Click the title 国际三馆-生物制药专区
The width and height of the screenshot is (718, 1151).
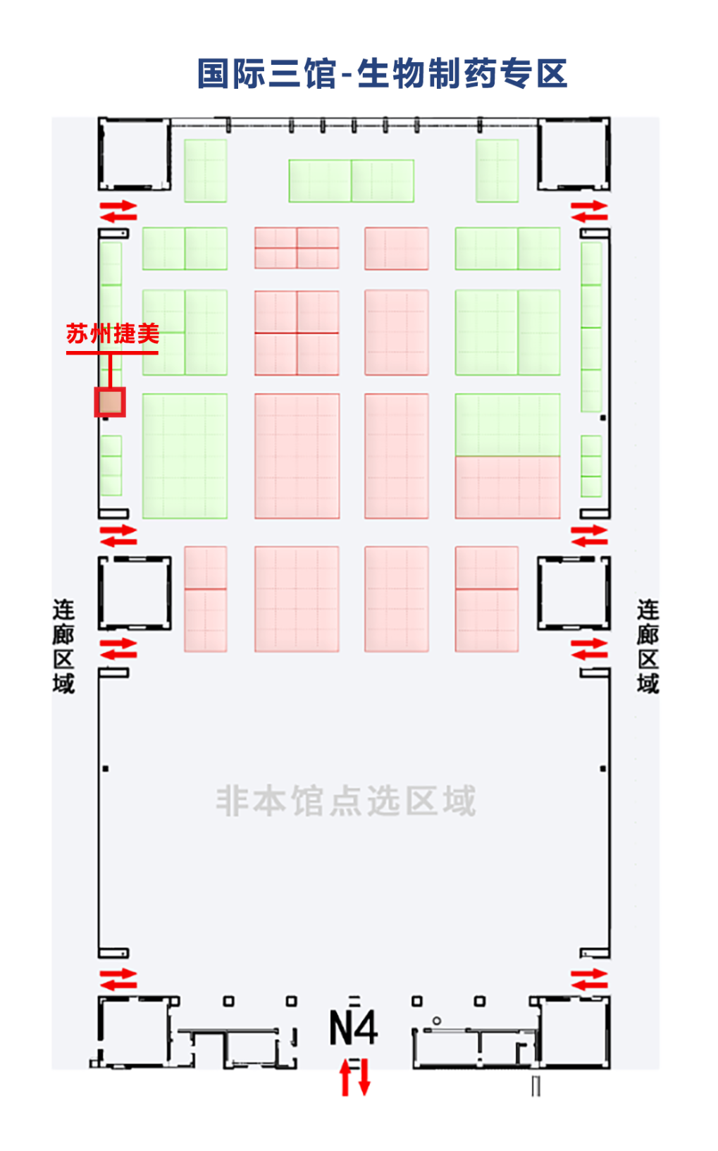click(x=382, y=73)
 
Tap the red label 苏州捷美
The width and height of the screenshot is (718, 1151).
click(x=113, y=333)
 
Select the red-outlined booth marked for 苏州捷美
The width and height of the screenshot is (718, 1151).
click(x=110, y=402)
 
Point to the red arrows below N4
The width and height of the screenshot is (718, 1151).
click(x=354, y=1077)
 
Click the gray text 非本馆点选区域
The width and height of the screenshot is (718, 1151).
click(x=345, y=801)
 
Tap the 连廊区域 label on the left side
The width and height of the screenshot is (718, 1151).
click(x=63, y=646)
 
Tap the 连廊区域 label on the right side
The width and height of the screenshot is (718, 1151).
click(x=648, y=646)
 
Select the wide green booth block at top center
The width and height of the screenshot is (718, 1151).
click(x=351, y=180)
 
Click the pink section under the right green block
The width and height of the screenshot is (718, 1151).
click(x=507, y=487)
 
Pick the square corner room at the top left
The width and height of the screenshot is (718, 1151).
click(x=134, y=154)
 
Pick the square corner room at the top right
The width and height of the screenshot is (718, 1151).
click(x=574, y=154)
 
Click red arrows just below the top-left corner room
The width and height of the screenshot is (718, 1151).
click(x=118, y=211)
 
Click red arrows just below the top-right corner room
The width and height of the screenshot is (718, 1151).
click(x=589, y=211)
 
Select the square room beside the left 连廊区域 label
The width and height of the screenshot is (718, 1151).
click(x=135, y=592)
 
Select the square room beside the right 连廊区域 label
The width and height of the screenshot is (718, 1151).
click(x=574, y=592)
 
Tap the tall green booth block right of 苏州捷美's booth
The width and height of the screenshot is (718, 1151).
click(x=185, y=456)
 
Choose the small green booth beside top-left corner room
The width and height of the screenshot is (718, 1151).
click(x=205, y=171)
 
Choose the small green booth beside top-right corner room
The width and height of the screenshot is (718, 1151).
click(x=497, y=171)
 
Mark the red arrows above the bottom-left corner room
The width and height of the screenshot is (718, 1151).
click(x=118, y=979)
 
